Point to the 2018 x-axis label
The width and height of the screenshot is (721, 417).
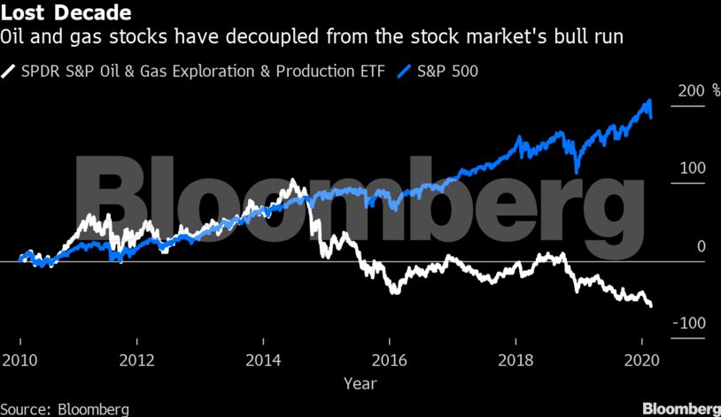click(515, 360)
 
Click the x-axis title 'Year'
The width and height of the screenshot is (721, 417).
click(360, 384)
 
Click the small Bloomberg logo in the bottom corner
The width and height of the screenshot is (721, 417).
click(679, 408)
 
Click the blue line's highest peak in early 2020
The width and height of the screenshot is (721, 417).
click(650, 100)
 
